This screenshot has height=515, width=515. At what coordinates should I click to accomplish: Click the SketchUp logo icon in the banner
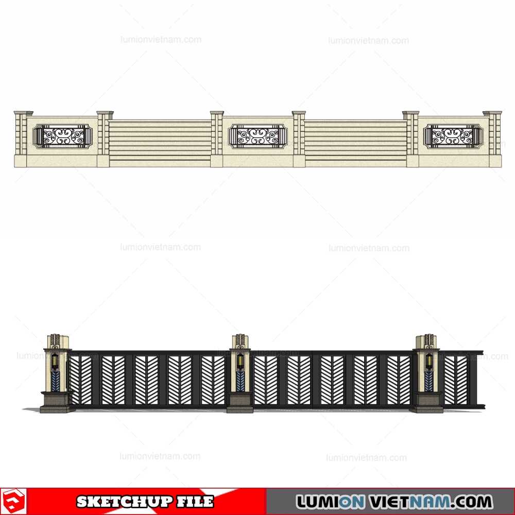13,502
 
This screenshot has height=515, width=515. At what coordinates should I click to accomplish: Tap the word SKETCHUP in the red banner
125,502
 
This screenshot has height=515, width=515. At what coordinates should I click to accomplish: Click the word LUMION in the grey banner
330,502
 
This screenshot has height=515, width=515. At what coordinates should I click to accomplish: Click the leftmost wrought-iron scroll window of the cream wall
63,136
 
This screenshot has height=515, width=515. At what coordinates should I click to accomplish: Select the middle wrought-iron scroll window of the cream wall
258,136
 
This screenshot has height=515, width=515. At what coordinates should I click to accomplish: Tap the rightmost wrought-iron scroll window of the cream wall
453,136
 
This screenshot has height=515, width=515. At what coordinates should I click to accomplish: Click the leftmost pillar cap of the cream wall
24,113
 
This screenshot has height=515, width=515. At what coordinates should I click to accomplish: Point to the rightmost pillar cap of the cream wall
492,113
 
